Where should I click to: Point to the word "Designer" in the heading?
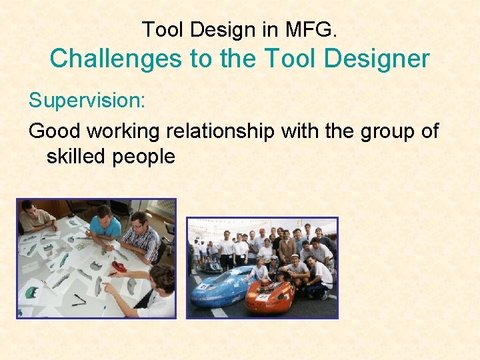pyautogui.click(x=383, y=59)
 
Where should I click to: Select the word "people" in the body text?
pyautogui.click(x=148, y=157)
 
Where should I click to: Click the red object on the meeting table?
pyautogui.click(x=118, y=267)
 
